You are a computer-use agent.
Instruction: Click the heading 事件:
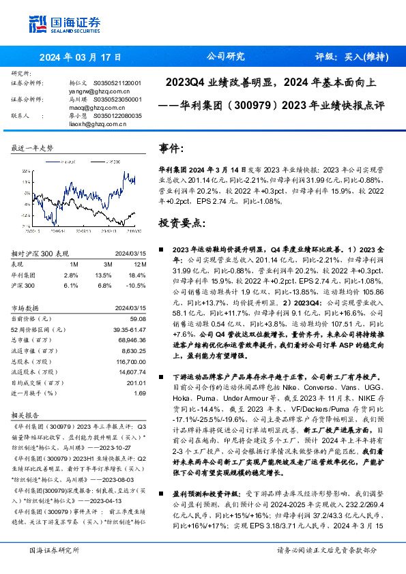click(x=171, y=148)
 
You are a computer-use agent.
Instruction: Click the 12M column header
click(x=141, y=264)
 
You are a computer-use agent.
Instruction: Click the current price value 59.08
click(x=138, y=318)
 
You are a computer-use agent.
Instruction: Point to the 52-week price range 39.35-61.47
click(x=128, y=329)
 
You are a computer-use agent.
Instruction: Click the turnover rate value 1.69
click(x=140, y=393)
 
